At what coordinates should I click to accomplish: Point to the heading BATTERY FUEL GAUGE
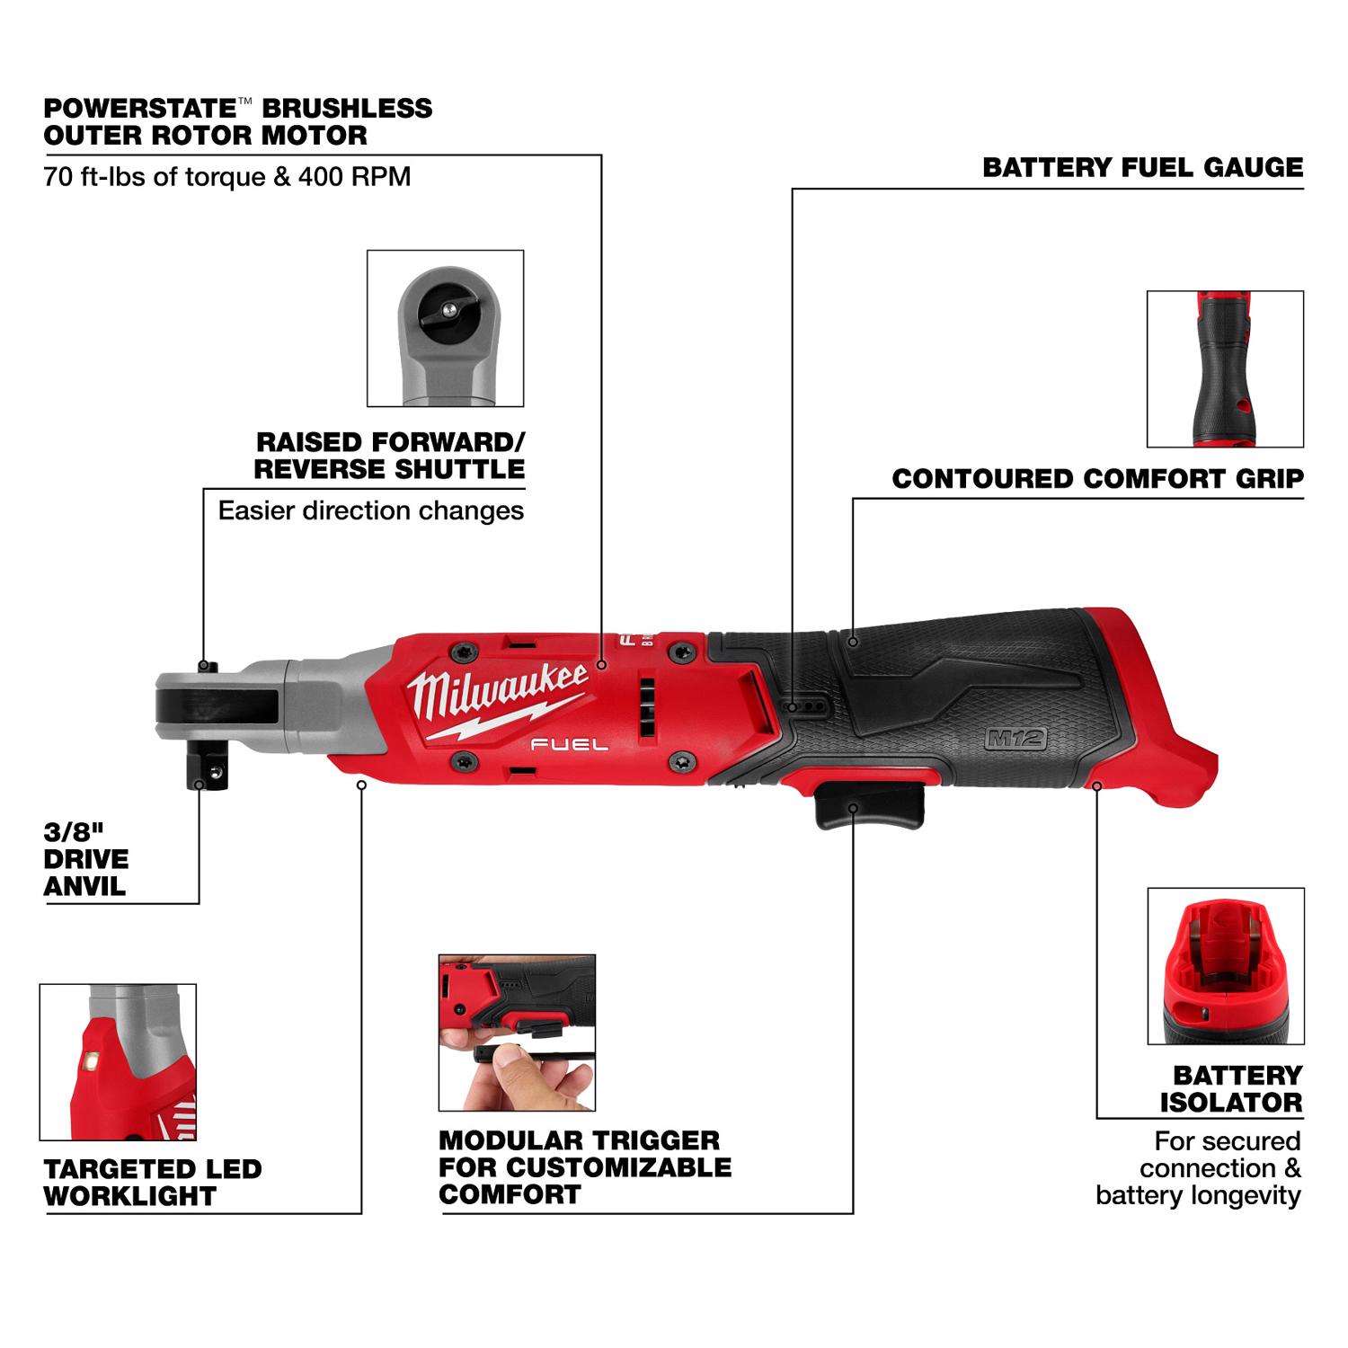(x=1142, y=168)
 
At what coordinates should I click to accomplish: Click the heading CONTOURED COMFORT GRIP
(x=1097, y=479)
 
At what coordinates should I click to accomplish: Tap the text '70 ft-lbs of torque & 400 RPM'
(x=227, y=176)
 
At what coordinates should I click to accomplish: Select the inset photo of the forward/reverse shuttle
(x=446, y=328)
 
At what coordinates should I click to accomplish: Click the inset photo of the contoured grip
(x=1224, y=368)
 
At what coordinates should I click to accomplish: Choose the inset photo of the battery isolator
(x=1224, y=966)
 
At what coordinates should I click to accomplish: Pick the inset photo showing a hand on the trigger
(x=517, y=1033)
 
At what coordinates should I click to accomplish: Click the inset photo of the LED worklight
(x=118, y=1061)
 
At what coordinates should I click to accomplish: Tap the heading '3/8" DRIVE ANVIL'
(x=86, y=859)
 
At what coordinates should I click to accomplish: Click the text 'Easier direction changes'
(x=370, y=511)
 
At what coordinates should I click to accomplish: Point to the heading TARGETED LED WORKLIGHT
(x=152, y=1183)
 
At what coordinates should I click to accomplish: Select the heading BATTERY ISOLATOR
(x=1230, y=1088)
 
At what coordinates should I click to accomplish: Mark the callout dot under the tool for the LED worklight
(x=361, y=785)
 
